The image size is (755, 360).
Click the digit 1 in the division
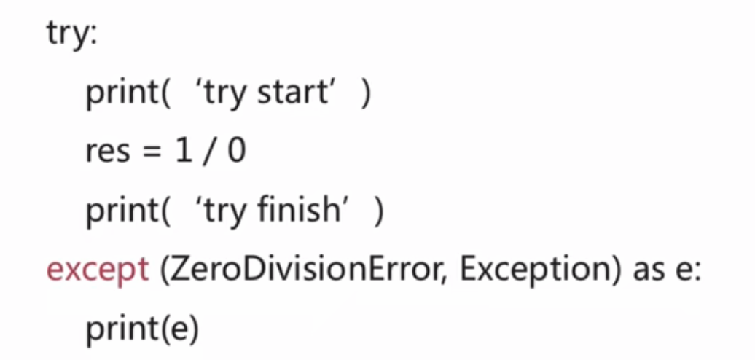coord(182,152)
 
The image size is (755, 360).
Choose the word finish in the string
coord(300,211)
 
